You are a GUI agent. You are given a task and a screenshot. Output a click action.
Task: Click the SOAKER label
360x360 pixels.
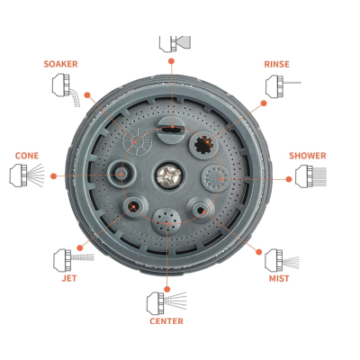pos(61,63)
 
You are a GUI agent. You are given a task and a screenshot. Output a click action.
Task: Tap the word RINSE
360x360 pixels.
pos(276,64)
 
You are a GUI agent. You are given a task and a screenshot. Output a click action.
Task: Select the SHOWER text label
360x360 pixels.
pos(307,156)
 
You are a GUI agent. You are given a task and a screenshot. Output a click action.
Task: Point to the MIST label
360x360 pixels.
pos(279,279)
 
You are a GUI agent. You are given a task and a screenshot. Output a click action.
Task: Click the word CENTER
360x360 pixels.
pos(166,320)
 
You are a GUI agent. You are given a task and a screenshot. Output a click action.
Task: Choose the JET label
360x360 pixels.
pos(69,278)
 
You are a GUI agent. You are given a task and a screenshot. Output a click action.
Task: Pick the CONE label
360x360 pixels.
pos(26,156)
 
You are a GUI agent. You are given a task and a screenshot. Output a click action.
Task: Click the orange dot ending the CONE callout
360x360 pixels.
pos(54,175)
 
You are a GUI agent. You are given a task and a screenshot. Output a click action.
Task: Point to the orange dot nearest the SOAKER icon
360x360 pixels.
pos(88,94)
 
